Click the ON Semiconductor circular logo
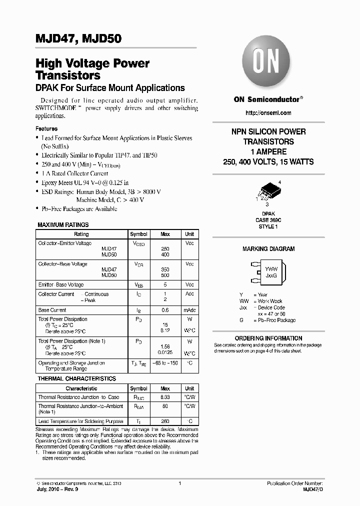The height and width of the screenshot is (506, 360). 268,64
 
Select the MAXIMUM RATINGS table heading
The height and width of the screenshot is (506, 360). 63,225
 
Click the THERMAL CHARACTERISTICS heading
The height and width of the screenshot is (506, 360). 77,379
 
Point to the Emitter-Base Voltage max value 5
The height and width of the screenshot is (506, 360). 165,284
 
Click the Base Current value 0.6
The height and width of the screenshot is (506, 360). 165,310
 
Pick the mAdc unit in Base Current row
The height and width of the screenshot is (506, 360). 189,310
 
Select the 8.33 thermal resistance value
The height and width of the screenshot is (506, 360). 165,397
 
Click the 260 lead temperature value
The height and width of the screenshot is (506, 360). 165,421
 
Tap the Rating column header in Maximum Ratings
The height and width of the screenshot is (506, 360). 81,234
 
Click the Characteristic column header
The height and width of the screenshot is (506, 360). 81,388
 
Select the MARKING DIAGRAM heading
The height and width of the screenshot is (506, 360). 268,249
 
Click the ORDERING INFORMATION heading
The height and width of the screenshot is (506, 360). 268,338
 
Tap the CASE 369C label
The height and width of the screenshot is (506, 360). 268,219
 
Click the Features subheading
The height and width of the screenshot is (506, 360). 46,128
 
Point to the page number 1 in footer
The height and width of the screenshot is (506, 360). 179,483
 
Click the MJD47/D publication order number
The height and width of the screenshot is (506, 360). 313,489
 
